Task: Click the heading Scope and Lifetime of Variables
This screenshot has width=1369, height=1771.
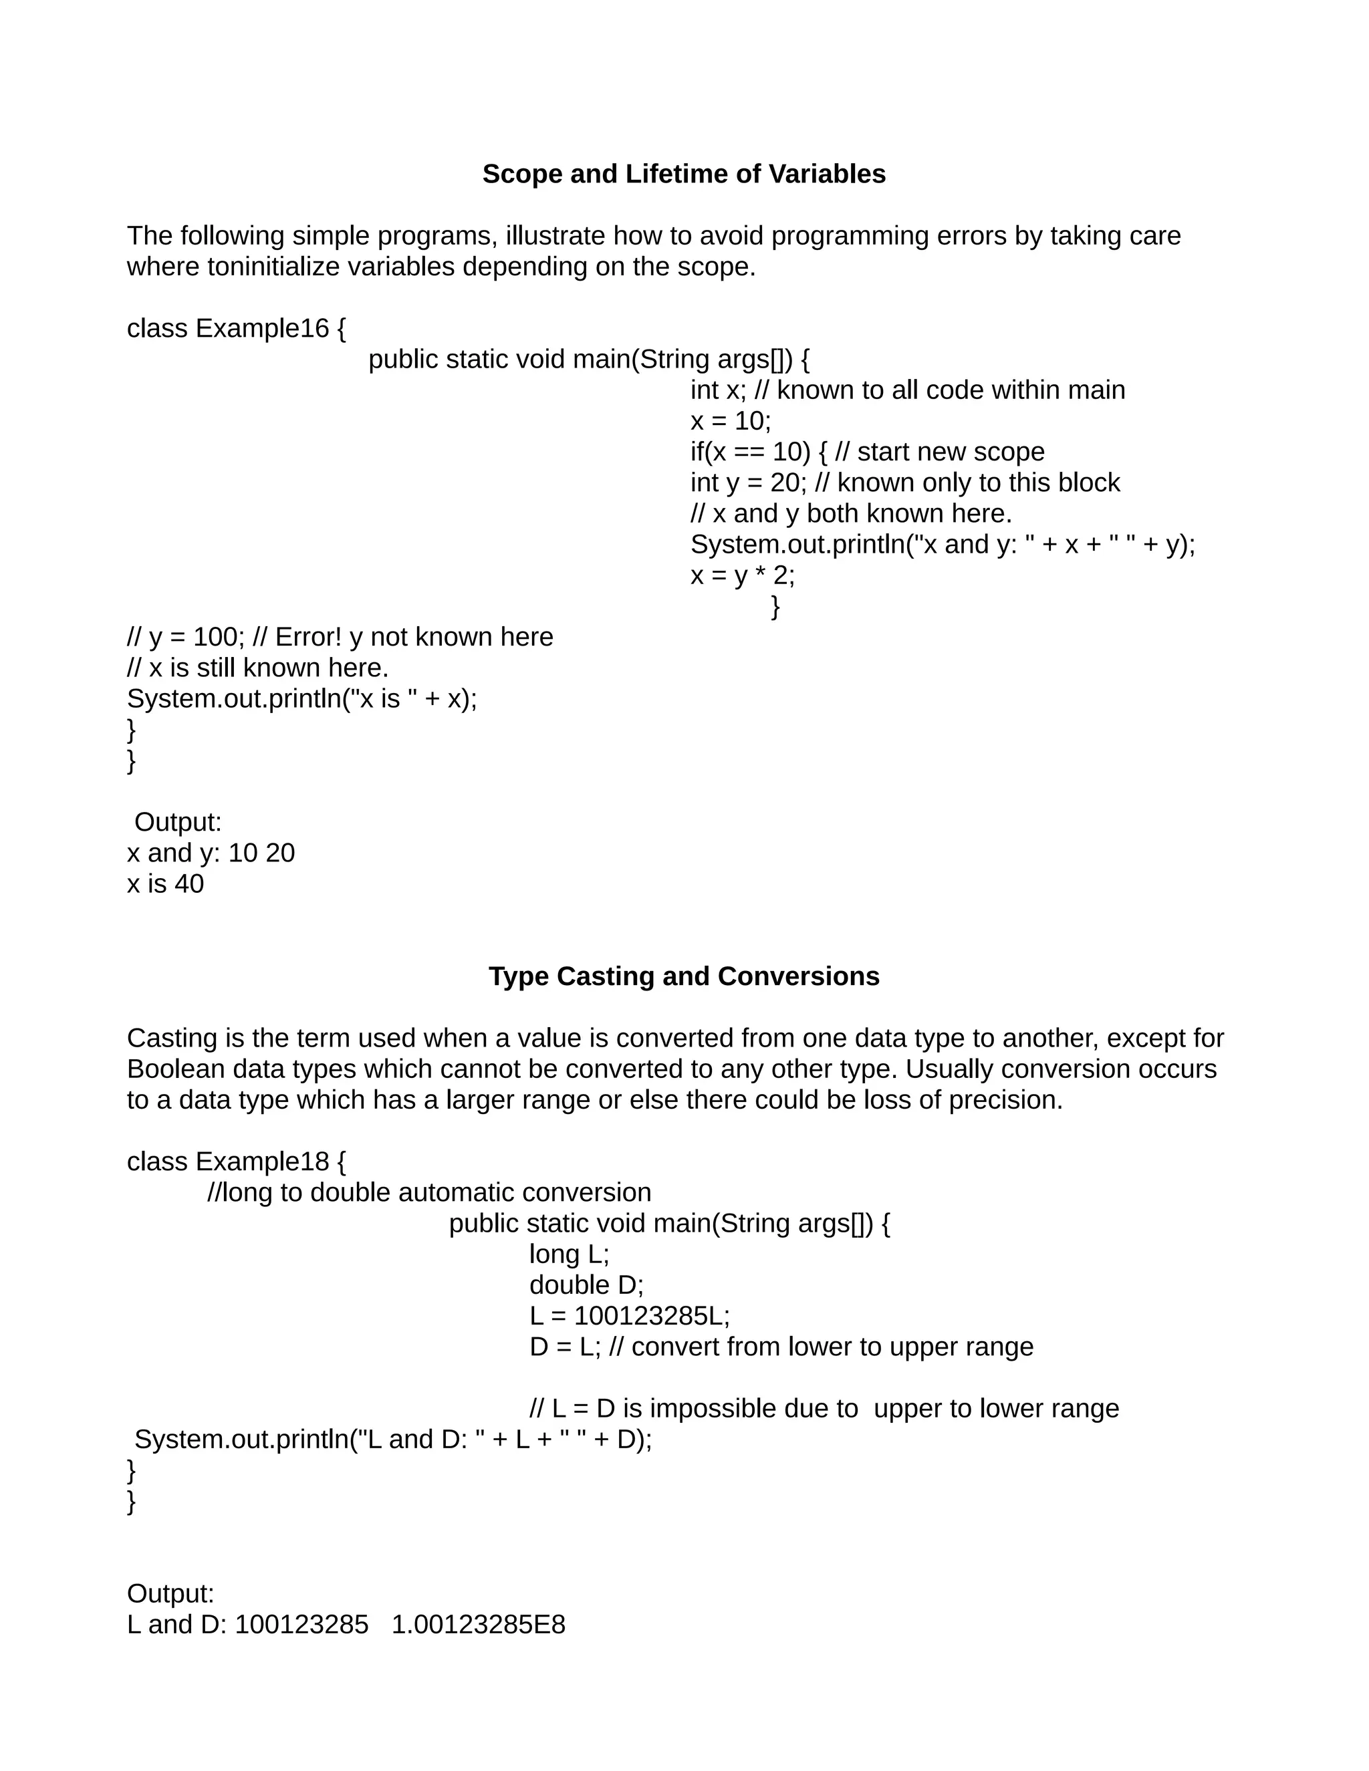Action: coord(684,174)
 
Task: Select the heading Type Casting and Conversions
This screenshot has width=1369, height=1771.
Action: coord(684,976)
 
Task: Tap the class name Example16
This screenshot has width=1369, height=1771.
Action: coord(262,328)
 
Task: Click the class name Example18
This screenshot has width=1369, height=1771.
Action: coord(262,1162)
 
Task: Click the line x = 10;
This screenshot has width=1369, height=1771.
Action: coord(730,421)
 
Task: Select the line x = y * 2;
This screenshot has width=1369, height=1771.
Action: coord(742,575)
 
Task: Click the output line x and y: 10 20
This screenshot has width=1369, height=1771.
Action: coord(211,853)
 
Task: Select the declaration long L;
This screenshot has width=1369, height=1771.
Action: coord(569,1254)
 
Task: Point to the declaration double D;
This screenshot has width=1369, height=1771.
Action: coord(586,1285)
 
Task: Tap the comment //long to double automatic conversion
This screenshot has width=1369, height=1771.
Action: coord(429,1193)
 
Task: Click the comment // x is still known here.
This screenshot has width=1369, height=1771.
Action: coord(258,668)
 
